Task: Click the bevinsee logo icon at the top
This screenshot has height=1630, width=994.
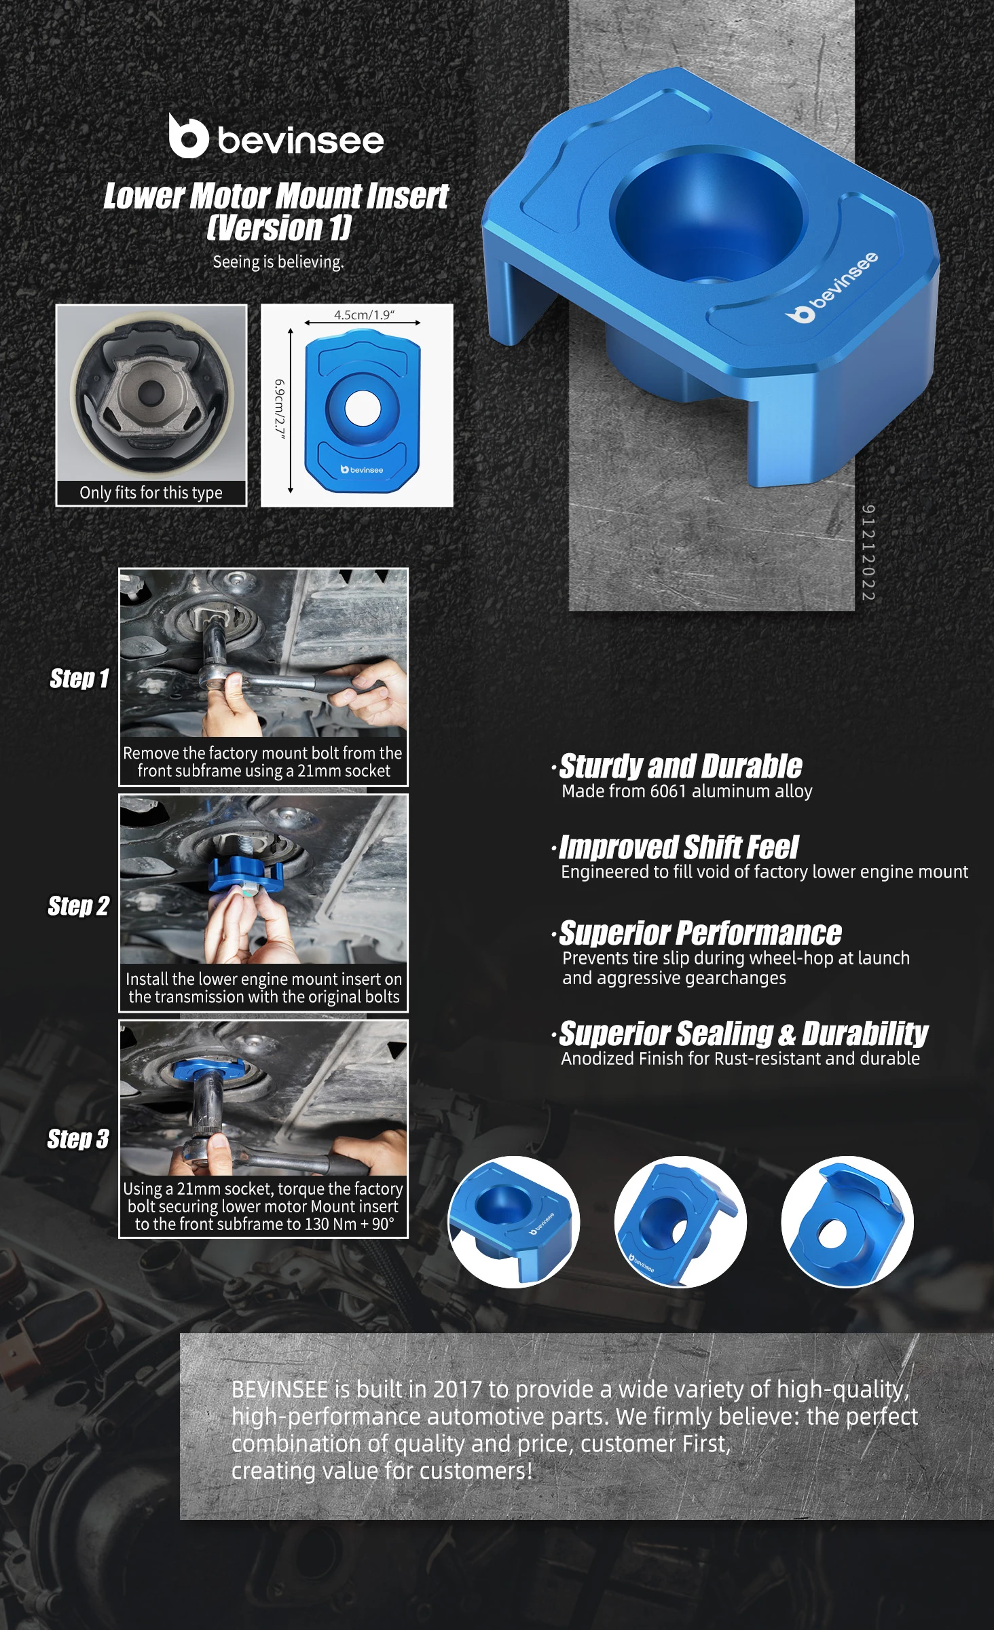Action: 188,137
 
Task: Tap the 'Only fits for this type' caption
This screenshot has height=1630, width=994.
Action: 151,492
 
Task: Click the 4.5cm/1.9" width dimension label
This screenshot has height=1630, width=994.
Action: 364,314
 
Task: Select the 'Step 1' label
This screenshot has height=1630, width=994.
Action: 79,678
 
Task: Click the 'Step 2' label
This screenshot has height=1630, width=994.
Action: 78,906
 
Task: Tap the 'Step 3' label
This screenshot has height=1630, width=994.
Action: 78,1139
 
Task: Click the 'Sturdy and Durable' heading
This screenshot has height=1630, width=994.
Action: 680,766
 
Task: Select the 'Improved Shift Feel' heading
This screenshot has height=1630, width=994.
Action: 678,848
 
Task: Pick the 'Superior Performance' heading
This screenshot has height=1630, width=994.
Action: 700,933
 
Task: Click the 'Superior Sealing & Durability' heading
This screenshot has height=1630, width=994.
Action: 743,1034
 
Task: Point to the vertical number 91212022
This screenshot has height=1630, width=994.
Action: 868,552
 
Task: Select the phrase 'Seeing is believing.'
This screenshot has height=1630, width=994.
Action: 278,261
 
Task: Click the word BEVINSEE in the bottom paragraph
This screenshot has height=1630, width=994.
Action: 280,1390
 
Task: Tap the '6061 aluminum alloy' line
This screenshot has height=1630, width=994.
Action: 731,791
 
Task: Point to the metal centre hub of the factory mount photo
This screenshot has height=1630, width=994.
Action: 150,393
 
